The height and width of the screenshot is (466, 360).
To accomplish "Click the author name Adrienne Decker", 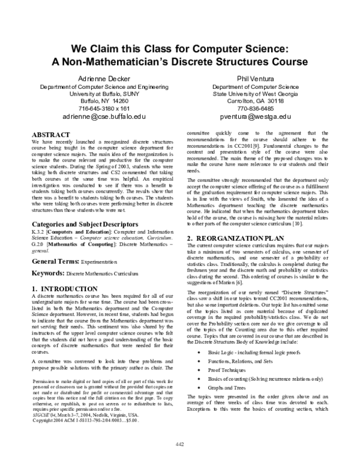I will tap(104, 78).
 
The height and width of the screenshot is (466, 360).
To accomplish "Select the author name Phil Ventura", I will tap(256, 78).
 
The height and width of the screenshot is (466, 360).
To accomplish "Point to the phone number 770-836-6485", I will tap(256, 109).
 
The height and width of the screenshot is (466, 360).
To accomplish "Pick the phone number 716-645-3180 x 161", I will tap(104, 109).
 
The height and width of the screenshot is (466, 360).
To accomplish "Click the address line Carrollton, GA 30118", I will tap(256, 101).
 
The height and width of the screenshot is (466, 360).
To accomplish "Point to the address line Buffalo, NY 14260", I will tap(104, 101).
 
